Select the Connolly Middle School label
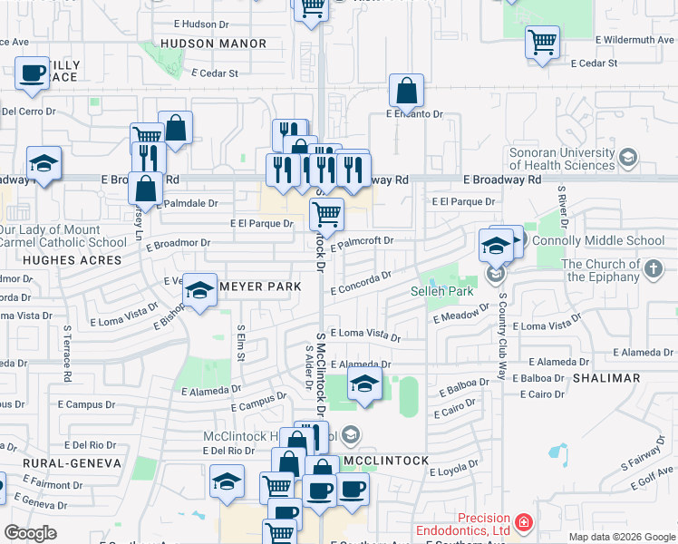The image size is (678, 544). coord(598,240)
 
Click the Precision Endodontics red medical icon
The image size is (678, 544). coord(523,523)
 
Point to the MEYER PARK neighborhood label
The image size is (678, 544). coord(260,287)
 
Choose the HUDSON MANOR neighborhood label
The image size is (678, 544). coord(213,44)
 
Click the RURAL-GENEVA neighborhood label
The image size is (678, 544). coord(61,462)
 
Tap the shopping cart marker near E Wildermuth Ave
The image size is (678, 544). coord(542,41)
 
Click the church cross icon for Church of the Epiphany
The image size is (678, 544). coord(653,268)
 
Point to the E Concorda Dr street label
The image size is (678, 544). coord(361,284)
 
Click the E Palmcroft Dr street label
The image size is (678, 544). coord(362,243)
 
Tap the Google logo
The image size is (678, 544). coord(31,533)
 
